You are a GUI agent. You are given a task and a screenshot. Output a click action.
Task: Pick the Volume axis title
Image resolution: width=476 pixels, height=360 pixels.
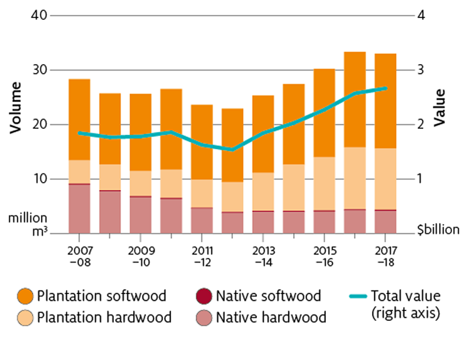(16, 109)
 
